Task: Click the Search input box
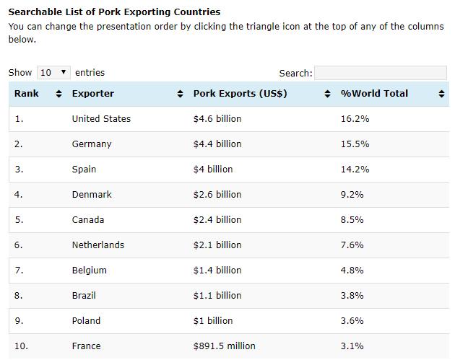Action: tap(381, 73)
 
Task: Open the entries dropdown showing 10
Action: tap(54, 72)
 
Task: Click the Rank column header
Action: tap(27, 94)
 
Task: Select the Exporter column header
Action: tap(92, 94)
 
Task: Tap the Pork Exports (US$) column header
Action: tap(240, 94)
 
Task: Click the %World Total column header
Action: tap(374, 94)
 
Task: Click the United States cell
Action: tap(101, 119)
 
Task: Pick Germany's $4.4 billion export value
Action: tap(217, 144)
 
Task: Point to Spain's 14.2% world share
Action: tap(355, 170)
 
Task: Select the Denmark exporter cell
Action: tap(92, 195)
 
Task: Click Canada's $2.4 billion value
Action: tap(217, 220)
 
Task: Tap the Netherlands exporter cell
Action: tap(97, 245)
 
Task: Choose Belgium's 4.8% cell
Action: tap(352, 271)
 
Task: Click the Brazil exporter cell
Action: tap(84, 296)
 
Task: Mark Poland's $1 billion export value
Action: tap(213, 321)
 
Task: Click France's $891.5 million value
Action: tap(224, 346)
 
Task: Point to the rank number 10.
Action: tap(21, 346)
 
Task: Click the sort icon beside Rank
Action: tap(59, 94)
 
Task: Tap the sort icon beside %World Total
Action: tap(442, 94)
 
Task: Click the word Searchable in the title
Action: tap(33, 12)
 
